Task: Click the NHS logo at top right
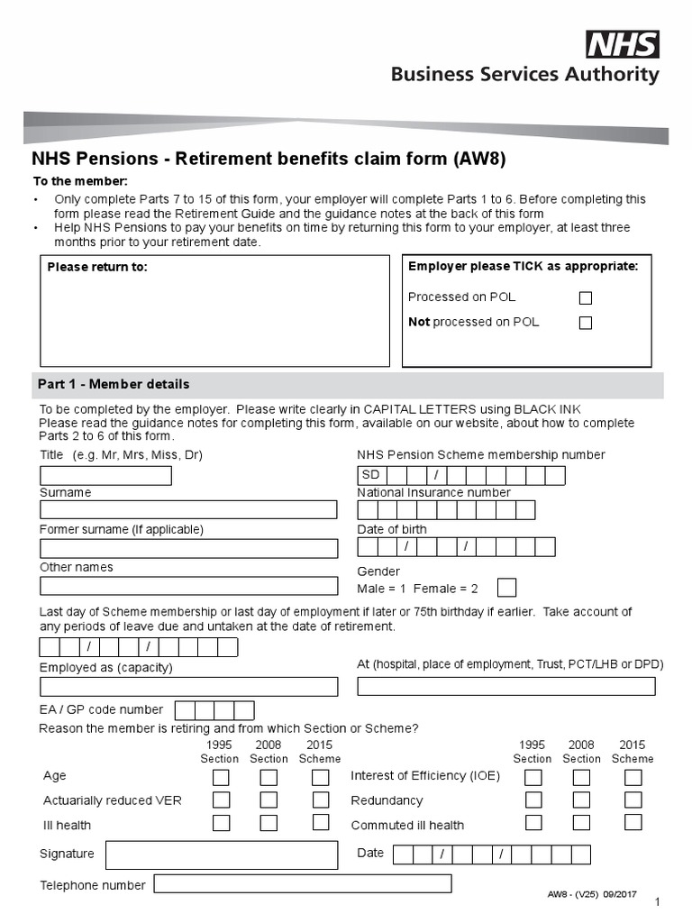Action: (x=623, y=44)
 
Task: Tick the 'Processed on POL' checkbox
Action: (x=586, y=297)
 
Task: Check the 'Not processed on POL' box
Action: (x=586, y=323)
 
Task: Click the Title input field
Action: (x=105, y=476)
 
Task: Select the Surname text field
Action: (x=188, y=509)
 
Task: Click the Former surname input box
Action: (x=188, y=547)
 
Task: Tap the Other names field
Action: (x=188, y=586)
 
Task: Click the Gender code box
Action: (x=507, y=589)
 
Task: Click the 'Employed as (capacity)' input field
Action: (x=188, y=687)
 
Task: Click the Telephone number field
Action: (x=303, y=883)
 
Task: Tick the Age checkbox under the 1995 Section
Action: (x=221, y=777)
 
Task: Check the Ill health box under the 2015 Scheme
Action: (x=321, y=822)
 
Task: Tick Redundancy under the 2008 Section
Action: (x=581, y=800)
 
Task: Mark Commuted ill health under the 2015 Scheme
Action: (x=633, y=822)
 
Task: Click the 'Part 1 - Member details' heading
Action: (x=114, y=385)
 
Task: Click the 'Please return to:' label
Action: (x=97, y=267)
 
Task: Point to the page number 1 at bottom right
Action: (x=658, y=902)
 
